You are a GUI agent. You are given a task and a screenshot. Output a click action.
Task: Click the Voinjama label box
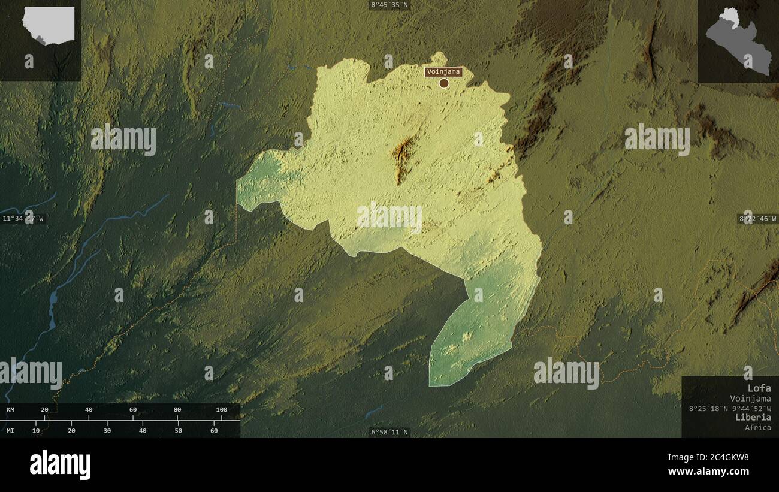[443, 72]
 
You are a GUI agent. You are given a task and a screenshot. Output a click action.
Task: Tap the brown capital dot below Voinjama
[443, 83]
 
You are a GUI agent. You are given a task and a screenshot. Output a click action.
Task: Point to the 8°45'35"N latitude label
[389, 5]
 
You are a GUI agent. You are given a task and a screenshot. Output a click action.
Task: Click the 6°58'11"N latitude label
[389, 432]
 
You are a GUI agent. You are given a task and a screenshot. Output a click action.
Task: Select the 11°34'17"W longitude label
[23, 219]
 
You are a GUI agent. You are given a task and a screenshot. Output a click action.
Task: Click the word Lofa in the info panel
[759, 388]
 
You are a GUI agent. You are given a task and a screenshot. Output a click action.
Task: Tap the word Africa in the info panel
[758, 427]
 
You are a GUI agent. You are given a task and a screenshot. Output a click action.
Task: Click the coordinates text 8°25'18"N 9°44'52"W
[729, 408]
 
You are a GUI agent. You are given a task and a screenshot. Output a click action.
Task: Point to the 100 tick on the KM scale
[222, 410]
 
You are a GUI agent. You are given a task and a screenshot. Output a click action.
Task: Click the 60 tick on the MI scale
[214, 430]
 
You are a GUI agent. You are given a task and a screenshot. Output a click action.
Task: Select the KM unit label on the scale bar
[11, 410]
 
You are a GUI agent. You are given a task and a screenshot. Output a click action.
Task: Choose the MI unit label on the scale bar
[11, 430]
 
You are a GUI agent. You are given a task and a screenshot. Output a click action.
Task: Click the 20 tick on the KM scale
[44, 410]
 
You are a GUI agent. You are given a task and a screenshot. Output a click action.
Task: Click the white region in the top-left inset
[49, 24]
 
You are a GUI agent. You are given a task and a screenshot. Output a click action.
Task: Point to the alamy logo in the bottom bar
[60, 465]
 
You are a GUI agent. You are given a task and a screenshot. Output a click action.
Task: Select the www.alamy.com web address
[708, 472]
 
